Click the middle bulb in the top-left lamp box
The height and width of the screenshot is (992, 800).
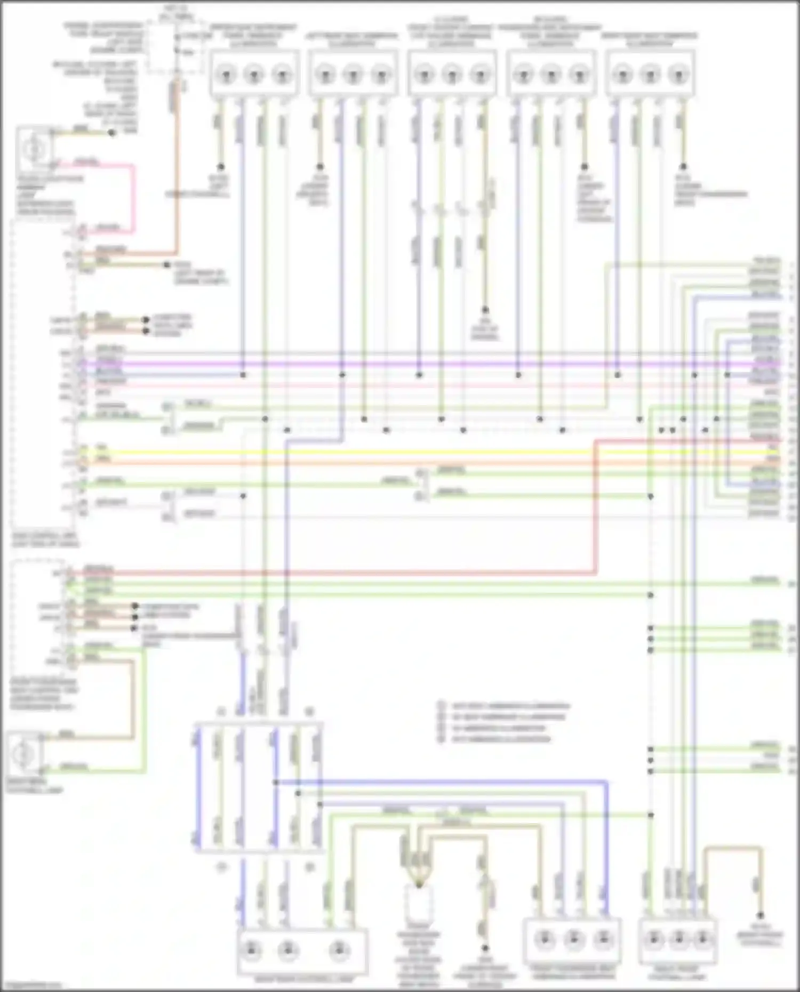[254, 75]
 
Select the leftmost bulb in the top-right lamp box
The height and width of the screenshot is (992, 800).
[622, 75]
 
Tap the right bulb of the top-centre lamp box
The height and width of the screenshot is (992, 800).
[480, 75]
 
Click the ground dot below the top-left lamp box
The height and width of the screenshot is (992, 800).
[220, 167]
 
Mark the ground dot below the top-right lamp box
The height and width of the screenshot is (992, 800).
[683, 167]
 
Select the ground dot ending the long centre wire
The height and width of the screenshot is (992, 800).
[485, 310]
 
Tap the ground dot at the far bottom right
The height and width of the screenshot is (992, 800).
[761, 915]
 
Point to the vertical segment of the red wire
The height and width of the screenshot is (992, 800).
[596, 506]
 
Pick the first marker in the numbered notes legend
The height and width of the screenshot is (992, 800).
[442, 705]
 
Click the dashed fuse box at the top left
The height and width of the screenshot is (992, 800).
[176, 45]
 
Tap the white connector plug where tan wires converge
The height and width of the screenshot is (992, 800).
[419, 901]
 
